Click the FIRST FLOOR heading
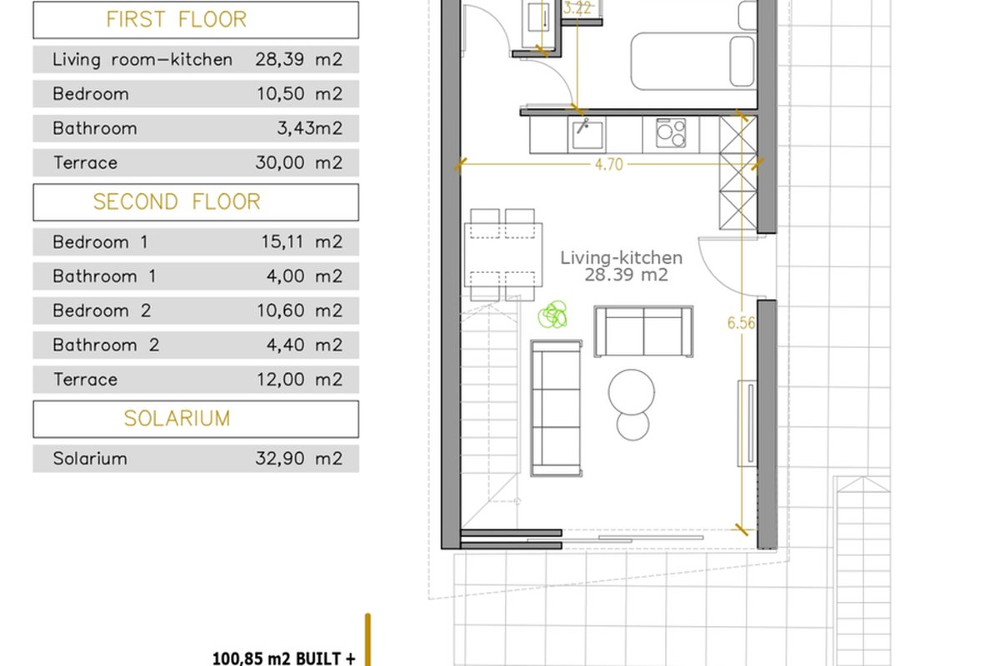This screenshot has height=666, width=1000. [x=177, y=20]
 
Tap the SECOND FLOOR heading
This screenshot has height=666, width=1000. [x=177, y=201]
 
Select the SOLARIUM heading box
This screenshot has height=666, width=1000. [x=196, y=419]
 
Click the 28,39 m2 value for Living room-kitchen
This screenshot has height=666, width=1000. [x=298, y=59]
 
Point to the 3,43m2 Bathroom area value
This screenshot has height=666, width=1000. [x=309, y=128]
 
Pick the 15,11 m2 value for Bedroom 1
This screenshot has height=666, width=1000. [x=302, y=241]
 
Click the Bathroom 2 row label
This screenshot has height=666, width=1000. [x=106, y=345]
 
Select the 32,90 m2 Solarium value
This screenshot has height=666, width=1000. [x=298, y=458]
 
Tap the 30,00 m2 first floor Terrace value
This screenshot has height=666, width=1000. [x=298, y=163]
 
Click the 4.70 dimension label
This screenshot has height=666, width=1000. [x=609, y=165]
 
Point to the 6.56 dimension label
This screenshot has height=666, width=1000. [x=741, y=322]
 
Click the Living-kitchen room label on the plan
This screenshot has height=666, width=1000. [x=622, y=258]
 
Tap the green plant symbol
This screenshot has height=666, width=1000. [x=552, y=315]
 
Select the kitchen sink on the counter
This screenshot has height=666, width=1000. [x=587, y=134]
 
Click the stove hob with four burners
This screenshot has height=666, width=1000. [x=671, y=132]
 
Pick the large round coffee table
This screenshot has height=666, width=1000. [x=632, y=392]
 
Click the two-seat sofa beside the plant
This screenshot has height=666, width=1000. [x=643, y=331]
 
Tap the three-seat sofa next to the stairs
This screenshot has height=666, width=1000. [x=557, y=408]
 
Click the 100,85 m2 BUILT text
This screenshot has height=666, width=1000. [x=284, y=659]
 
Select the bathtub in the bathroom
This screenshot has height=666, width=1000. [x=693, y=61]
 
